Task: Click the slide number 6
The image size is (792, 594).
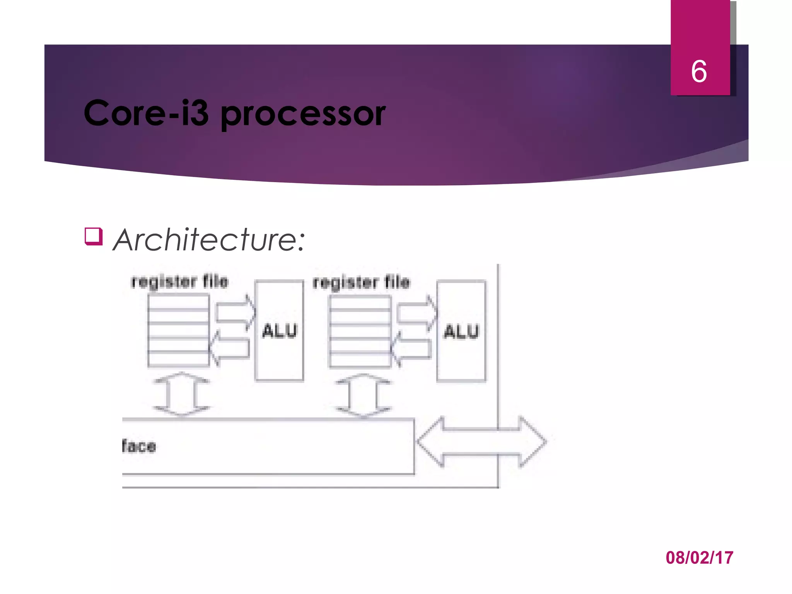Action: tap(699, 72)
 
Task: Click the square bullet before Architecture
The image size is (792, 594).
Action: tap(94, 236)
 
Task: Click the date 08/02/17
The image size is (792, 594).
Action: tap(699, 558)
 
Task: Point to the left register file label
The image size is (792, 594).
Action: tap(180, 282)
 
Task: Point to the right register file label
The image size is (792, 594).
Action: tap(362, 283)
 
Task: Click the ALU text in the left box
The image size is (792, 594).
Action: tap(280, 331)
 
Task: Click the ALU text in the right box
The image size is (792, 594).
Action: tap(461, 332)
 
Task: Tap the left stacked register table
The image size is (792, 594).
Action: tap(178, 330)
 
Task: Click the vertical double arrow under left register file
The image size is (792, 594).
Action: tap(181, 394)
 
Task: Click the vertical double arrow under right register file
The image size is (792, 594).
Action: tap(363, 395)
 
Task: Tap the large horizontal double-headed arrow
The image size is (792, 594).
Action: tap(481, 442)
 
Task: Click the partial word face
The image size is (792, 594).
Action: tap(139, 446)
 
